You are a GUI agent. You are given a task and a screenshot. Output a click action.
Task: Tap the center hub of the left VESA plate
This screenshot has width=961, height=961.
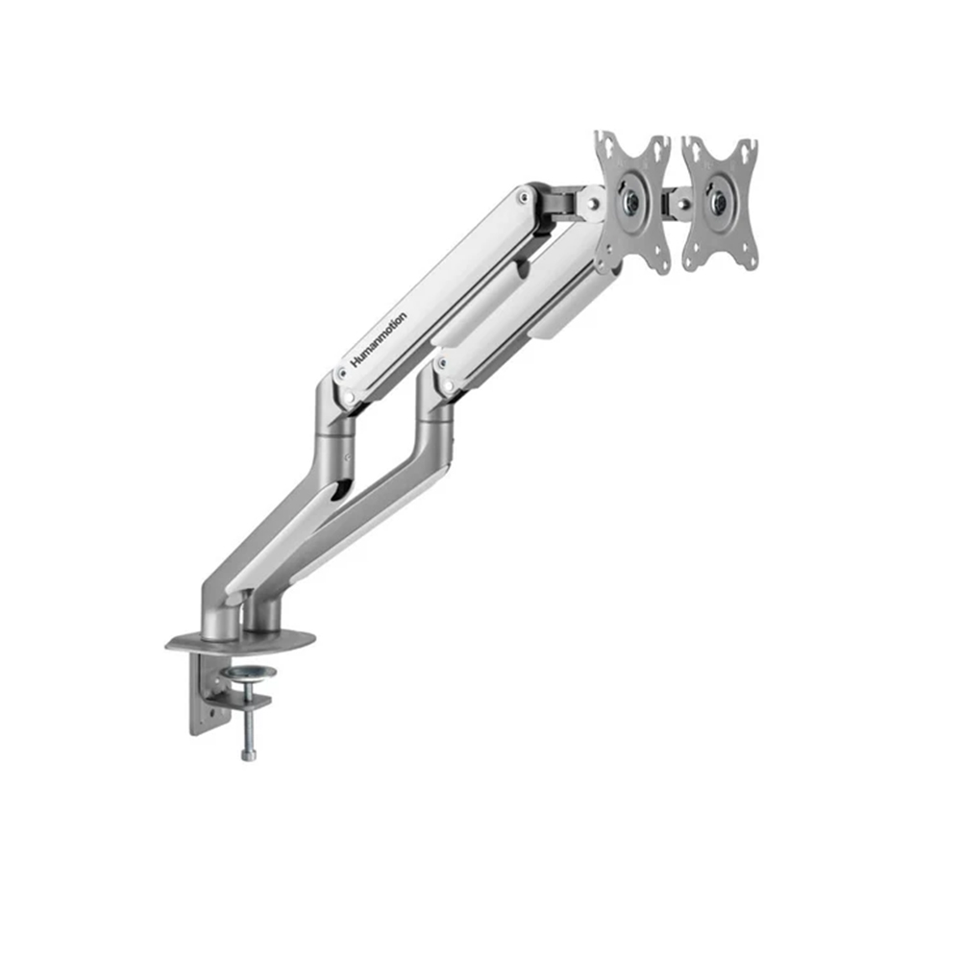click(x=630, y=201)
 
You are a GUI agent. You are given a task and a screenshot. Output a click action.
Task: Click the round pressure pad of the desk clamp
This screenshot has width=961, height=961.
click(x=250, y=673)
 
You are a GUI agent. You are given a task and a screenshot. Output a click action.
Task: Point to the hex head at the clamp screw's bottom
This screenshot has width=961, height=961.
click(x=249, y=754)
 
